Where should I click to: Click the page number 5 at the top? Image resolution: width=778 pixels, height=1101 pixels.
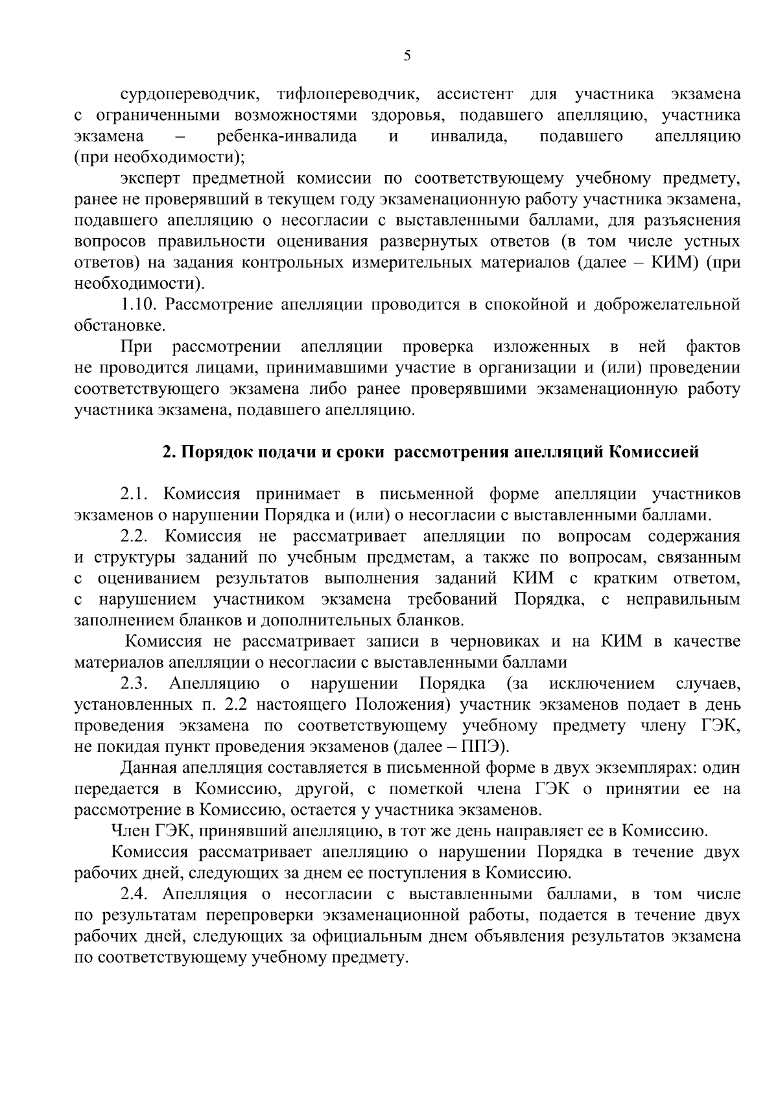(x=407, y=56)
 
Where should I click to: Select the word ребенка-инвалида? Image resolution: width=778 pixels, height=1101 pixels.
(x=287, y=136)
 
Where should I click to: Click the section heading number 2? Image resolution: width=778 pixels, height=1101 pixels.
(x=167, y=452)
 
